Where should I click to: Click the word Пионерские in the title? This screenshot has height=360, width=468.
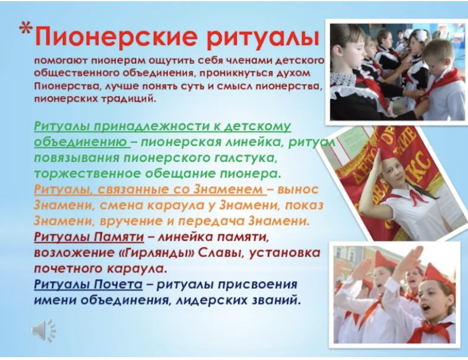[116, 37]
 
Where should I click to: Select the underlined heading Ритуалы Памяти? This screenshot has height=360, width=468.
[89, 237]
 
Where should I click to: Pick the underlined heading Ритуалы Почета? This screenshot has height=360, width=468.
[88, 284]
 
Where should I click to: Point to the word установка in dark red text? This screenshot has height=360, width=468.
[285, 253]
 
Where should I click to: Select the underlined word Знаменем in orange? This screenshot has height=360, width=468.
[229, 189]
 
